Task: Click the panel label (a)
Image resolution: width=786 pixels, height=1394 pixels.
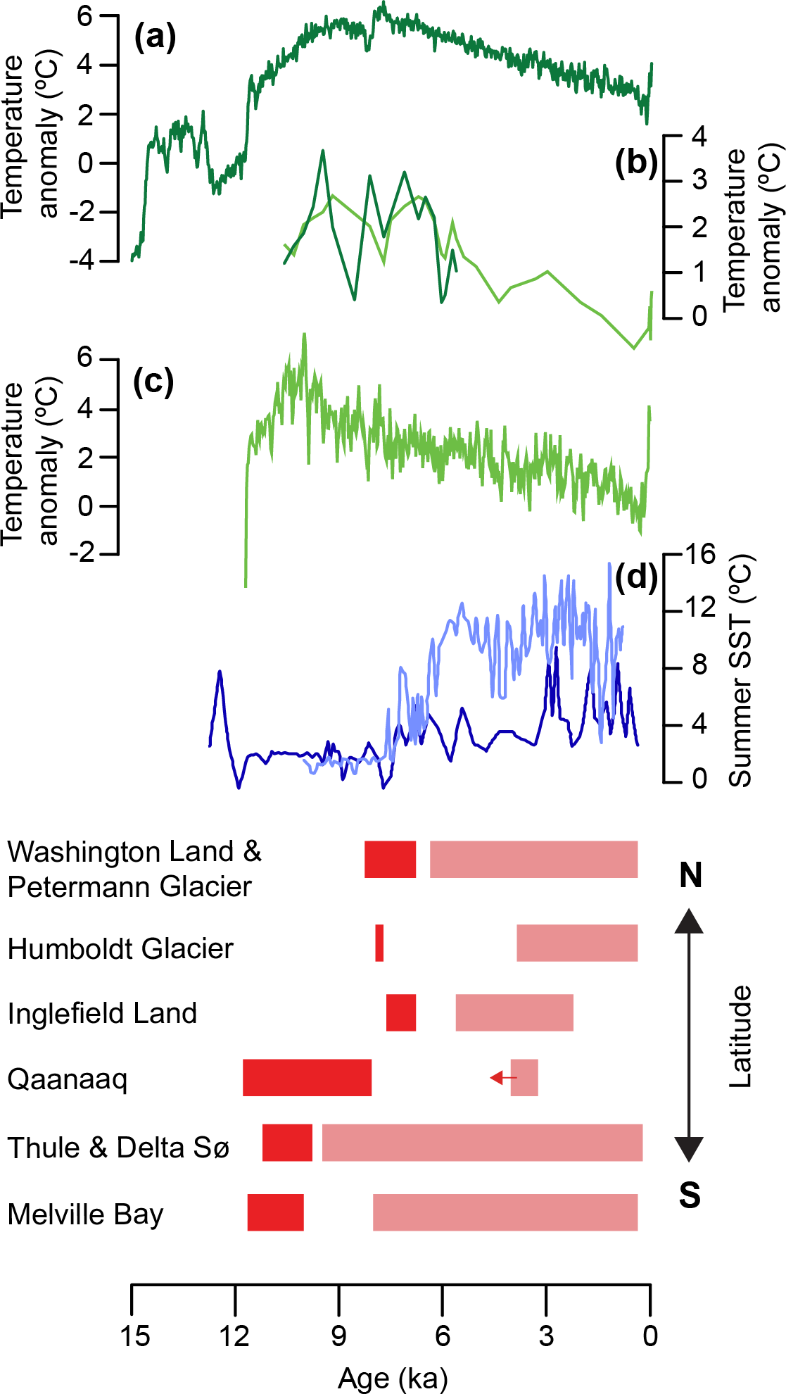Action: (155, 37)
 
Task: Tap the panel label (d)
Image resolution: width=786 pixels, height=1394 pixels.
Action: (636, 577)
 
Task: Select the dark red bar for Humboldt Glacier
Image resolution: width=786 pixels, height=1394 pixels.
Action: (379, 943)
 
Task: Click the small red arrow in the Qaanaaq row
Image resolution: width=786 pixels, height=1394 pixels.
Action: (503, 1077)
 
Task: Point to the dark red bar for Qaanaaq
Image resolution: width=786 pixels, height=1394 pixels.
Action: (307, 1077)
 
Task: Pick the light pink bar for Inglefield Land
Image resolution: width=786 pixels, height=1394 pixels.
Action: (514, 1012)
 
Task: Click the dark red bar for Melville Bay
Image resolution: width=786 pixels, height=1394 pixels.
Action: (275, 1212)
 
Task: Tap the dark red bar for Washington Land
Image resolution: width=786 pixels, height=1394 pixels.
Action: (390, 859)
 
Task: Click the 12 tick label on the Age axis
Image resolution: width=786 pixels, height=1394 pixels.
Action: (235, 1336)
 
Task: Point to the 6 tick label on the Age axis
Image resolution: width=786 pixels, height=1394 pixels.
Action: (443, 1336)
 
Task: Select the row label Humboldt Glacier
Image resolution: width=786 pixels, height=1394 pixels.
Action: (120, 949)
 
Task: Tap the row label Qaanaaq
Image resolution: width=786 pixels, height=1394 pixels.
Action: (68, 1079)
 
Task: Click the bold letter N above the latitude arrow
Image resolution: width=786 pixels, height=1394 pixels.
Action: (690, 875)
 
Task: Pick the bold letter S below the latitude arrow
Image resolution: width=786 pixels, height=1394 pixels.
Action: (690, 1195)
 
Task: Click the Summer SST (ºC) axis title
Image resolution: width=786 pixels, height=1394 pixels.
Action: (740, 671)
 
